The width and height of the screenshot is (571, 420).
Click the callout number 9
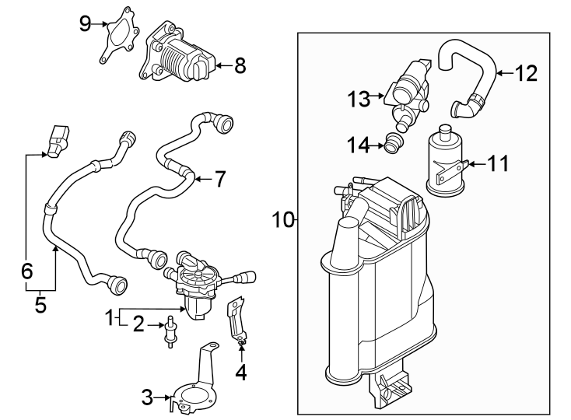click(86, 23)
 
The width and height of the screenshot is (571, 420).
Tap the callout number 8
click(240, 66)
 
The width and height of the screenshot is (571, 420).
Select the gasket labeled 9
click(118, 33)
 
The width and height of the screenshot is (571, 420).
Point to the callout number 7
click(219, 180)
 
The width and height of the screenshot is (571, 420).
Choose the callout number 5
click(40, 305)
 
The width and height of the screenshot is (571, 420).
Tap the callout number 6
click(26, 271)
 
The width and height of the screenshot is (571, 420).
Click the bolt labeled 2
click(169, 334)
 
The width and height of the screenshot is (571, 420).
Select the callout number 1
click(111, 317)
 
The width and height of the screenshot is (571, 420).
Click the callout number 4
click(241, 373)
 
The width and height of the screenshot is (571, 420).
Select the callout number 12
click(526, 75)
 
